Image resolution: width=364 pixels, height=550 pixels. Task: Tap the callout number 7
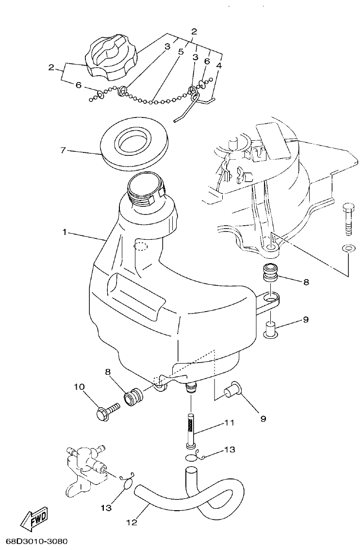pyautogui.click(x=63, y=150)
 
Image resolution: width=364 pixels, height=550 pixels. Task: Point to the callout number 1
pyautogui.click(x=65, y=232)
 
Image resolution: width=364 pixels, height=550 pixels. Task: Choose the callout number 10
pyautogui.click(x=79, y=387)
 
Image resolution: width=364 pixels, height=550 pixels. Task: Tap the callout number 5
pyautogui.click(x=180, y=50)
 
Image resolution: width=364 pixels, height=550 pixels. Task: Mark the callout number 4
pyautogui.click(x=219, y=65)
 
